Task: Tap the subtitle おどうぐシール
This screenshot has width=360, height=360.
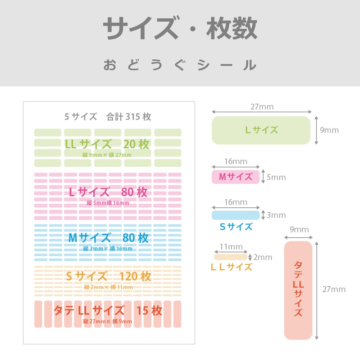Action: point(180,65)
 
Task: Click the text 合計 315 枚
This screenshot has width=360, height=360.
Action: point(129,117)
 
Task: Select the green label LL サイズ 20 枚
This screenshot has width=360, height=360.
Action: point(107,144)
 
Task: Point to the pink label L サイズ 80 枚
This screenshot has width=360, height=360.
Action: point(108,192)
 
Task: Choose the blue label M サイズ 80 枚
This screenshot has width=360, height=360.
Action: point(108,238)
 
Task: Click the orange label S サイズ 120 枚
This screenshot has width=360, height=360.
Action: point(108,276)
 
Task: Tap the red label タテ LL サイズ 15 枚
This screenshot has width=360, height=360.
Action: point(108,310)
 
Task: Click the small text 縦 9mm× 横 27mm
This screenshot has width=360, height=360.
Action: point(107,155)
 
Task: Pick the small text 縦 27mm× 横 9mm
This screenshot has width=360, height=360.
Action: point(107,321)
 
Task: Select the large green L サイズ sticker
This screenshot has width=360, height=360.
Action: point(261,130)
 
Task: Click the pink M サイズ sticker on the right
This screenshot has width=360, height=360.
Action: point(235,177)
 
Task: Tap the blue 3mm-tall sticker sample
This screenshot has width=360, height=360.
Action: point(235,215)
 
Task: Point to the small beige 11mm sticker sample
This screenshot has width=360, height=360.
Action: point(231,257)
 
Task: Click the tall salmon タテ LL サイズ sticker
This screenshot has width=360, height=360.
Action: point(298,290)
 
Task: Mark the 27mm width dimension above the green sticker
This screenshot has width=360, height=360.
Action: point(262,107)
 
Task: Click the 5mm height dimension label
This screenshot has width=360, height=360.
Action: point(276,177)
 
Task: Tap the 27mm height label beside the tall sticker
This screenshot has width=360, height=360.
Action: point(334,289)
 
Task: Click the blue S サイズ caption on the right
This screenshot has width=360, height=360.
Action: point(236,227)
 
